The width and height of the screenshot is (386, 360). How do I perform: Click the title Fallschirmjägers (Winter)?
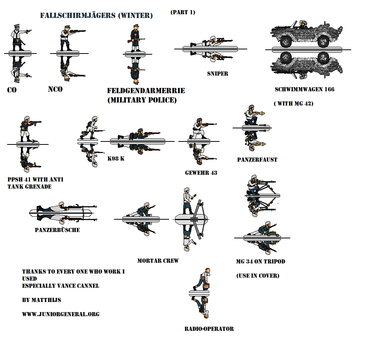96,16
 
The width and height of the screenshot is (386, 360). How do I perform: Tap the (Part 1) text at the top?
183,12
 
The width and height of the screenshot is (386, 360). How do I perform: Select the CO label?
12,90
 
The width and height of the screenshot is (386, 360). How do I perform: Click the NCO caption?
55,89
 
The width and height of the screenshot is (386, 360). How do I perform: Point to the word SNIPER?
218,74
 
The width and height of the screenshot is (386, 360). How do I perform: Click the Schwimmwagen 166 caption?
304,89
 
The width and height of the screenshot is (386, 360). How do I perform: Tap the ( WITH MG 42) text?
293,104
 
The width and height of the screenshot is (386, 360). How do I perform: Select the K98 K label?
116,159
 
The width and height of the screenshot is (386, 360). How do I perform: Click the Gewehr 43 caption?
201,173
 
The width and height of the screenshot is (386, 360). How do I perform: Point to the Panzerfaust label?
257,159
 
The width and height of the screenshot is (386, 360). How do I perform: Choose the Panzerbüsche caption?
57,230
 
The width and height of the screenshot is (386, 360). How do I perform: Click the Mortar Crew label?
158,260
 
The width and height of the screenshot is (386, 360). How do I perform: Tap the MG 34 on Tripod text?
260,261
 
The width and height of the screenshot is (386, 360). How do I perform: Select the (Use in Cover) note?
257,275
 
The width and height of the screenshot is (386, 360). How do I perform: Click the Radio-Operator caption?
209,329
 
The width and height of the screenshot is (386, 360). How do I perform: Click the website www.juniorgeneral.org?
61,314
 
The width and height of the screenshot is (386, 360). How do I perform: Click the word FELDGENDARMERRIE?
146,91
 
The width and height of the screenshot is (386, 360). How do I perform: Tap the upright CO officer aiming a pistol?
17,37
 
